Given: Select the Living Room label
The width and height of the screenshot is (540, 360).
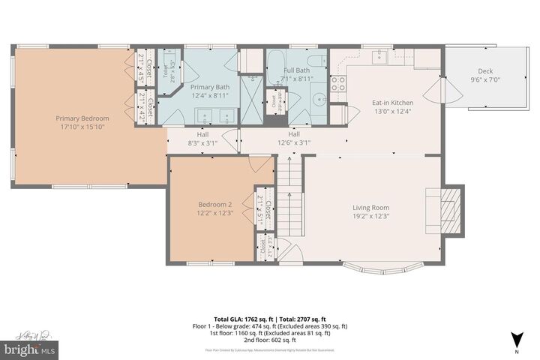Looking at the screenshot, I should (x=370, y=208).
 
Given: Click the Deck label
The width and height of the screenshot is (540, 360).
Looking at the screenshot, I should (x=484, y=71).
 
